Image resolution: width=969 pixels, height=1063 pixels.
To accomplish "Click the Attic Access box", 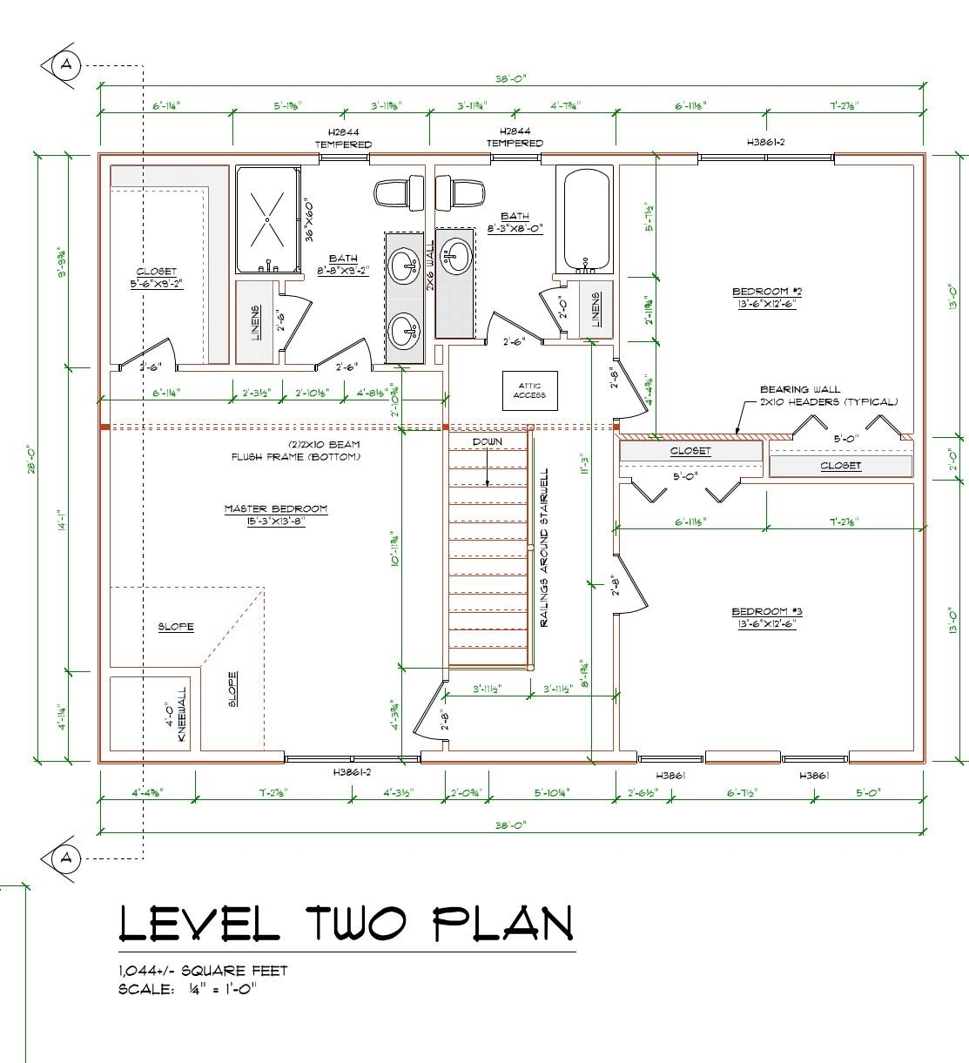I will [x=529, y=390].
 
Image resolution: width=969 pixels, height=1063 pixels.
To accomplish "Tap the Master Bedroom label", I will [x=275, y=515].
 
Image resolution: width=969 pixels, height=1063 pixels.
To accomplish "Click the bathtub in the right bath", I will [x=588, y=219].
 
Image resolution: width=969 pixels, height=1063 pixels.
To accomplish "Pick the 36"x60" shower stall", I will [x=268, y=219].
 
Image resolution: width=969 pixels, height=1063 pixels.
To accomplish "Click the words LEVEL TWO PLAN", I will [x=346, y=924].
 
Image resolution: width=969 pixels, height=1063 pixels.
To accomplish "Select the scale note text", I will [x=187, y=989].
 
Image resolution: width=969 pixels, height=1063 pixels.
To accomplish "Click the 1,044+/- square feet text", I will [x=203, y=971].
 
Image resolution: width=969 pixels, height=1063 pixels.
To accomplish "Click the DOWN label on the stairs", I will [x=488, y=441].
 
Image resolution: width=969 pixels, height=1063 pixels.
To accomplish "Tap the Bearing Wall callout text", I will [x=827, y=396].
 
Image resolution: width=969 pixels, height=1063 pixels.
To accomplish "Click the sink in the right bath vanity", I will [x=455, y=254].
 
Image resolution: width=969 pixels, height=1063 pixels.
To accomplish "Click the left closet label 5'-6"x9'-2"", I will [x=157, y=277].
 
